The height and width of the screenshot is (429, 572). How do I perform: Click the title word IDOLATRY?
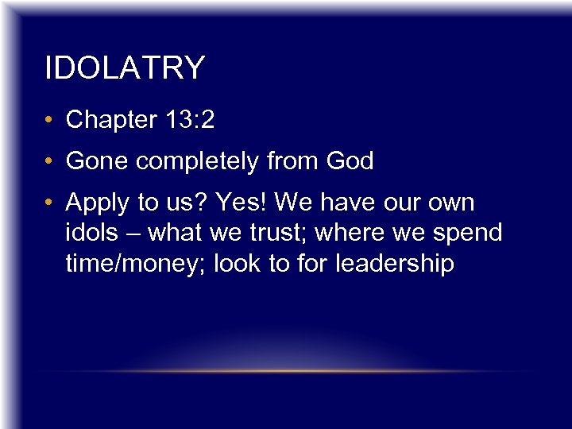tap(125, 68)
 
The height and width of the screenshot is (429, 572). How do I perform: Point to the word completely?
tap(195, 162)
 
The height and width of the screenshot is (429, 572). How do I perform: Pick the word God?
tap(350, 161)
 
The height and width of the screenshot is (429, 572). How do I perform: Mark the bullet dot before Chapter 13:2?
tap(50, 121)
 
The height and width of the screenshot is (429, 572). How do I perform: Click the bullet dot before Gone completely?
tap(50, 162)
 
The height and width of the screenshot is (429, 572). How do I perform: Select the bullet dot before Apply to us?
tap(50, 203)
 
